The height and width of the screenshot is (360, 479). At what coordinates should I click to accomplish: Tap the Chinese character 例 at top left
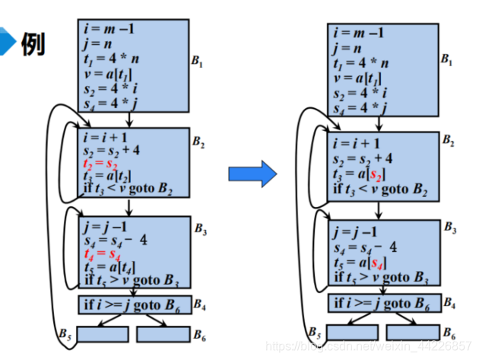[x=32, y=44]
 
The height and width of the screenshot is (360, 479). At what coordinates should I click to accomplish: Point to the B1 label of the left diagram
[x=197, y=62]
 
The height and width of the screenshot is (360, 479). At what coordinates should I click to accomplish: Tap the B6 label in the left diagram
[x=199, y=335]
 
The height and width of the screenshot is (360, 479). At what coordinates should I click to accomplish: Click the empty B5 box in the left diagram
[x=103, y=333]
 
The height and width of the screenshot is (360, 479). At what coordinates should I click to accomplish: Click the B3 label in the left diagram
[x=199, y=229]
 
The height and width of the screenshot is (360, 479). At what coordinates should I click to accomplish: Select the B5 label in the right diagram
[x=314, y=332]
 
